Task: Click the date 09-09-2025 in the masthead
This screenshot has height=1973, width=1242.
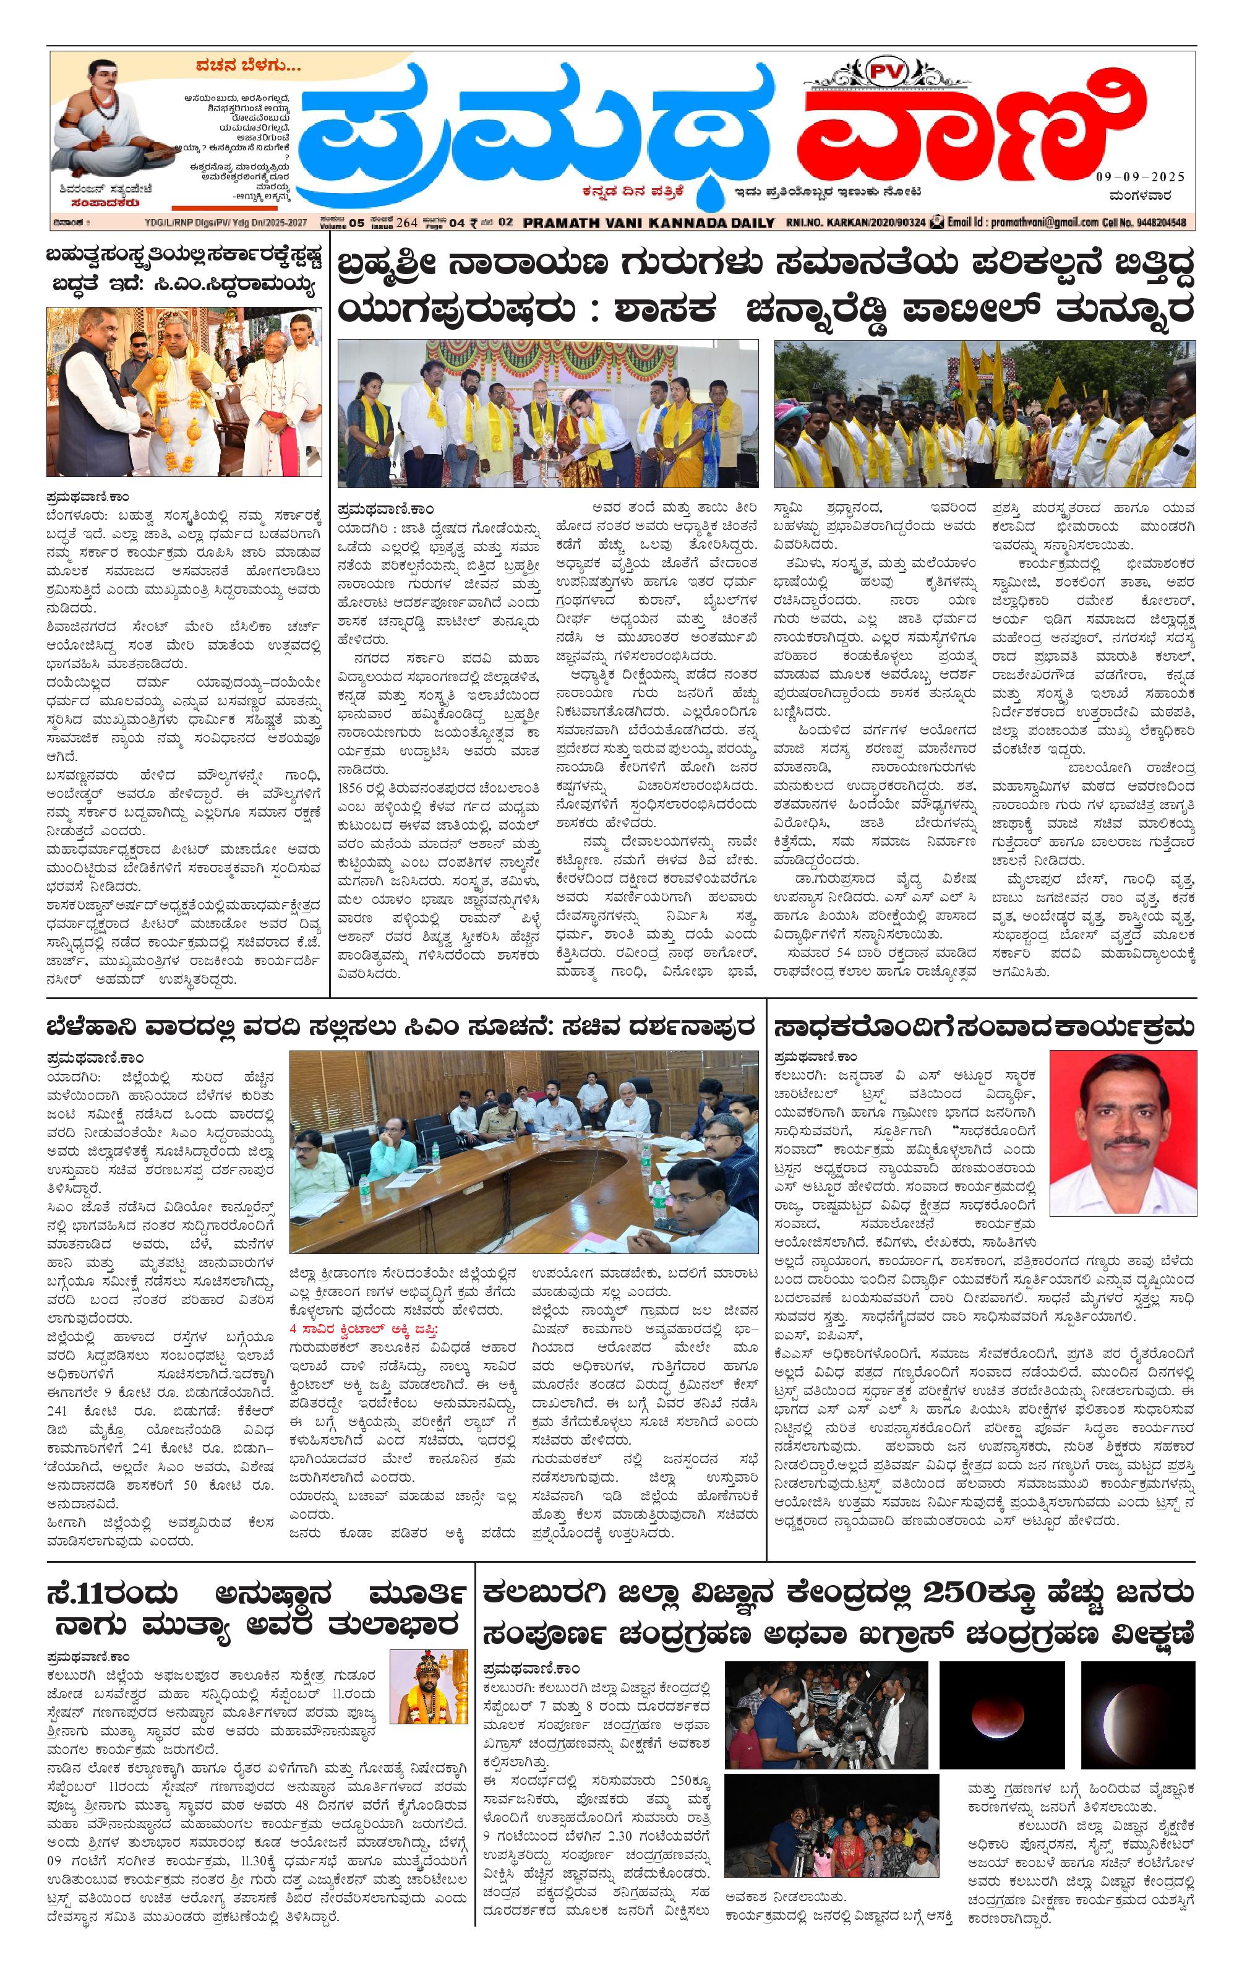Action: click(x=1139, y=177)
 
